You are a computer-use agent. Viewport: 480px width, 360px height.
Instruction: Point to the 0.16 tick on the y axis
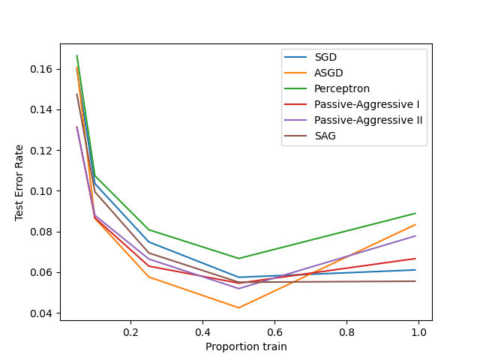pyautogui.click(x=42, y=69)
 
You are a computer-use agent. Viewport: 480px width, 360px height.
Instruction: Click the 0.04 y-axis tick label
pyautogui.click(x=42, y=313)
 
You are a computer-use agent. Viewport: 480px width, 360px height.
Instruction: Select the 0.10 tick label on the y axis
pyautogui.click(x=42, y=191)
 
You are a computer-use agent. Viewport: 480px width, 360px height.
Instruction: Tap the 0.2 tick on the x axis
pyautogui.click(x=131, y=331)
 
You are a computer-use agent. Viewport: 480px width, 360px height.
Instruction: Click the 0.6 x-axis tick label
pyautogui.click(x=274, y=331)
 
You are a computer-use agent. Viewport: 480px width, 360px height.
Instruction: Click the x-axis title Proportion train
pyautogui.click(x=246, y=346)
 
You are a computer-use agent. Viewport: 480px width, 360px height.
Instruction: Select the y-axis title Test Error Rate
pyautogui.click(x=19, y=182)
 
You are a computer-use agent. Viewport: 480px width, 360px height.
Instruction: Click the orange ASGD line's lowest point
pyautogui.click(x=238, y=307)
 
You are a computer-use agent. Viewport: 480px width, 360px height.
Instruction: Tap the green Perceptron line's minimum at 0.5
pyautogui.click(x=238, y=259)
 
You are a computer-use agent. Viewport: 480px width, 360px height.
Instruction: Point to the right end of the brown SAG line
pyautogui.click(x=415, y=281)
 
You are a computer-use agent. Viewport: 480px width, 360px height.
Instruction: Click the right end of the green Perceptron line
pyautogui.click(x=415, y=213)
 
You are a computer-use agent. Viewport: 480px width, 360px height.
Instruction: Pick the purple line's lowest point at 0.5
pyautogui.click(x=238, y=289)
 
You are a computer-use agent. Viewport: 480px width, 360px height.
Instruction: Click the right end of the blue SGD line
pyautogui.click(x=415, y=270)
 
